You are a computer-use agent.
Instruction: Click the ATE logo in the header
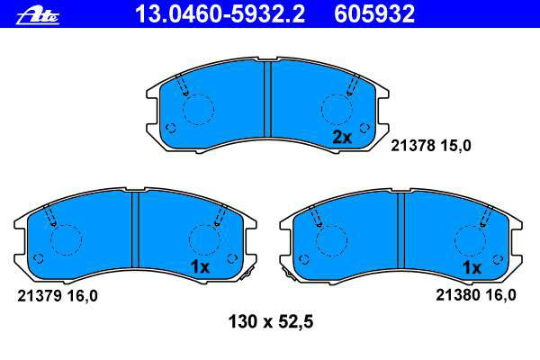38,15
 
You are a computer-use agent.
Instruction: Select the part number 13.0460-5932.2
220,14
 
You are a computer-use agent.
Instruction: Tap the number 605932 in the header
374,14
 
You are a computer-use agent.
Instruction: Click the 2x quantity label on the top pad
342,138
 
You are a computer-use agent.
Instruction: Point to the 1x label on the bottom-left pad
200,266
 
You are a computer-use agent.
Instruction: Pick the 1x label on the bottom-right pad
472,267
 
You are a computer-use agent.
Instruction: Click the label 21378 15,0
430,146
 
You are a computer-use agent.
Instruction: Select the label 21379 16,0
58,296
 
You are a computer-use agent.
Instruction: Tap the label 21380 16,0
476,295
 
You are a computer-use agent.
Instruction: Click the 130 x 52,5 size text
271,322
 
